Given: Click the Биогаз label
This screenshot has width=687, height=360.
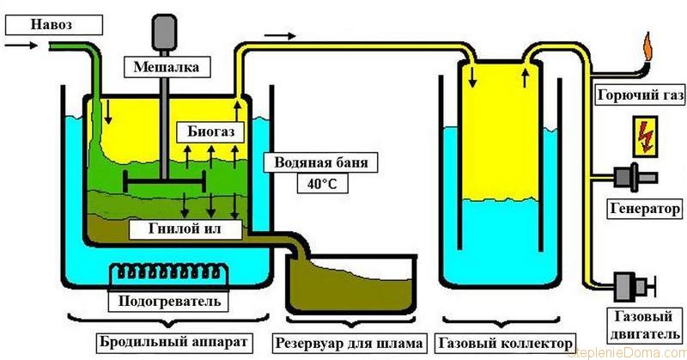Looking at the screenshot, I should pos(207,131).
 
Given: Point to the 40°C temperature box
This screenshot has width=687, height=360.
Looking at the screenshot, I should pos(315,182).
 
